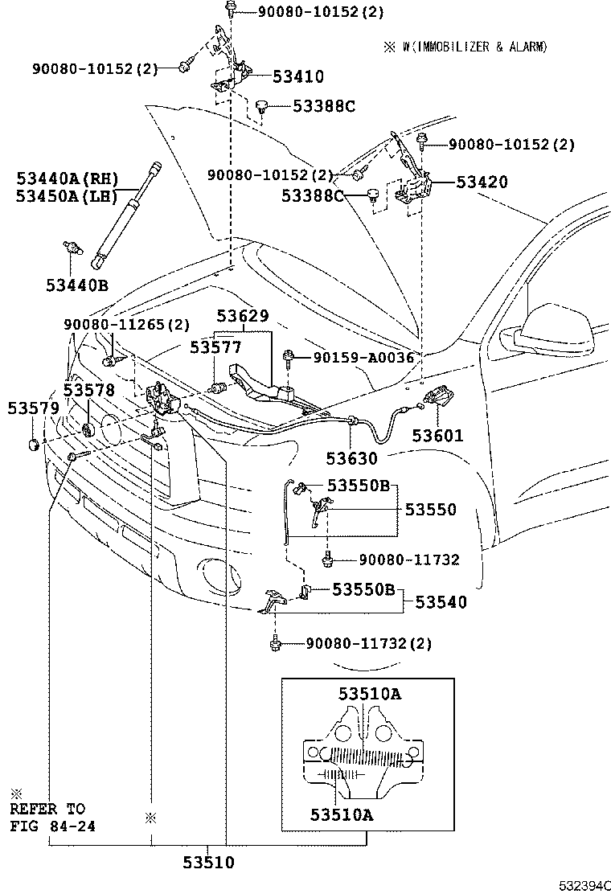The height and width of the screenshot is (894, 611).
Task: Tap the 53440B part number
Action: [76, 285]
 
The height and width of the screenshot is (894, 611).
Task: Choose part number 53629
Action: [241, 316]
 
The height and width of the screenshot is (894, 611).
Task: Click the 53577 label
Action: [215, 347]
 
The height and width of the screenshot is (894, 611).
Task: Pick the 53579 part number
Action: [33, 408]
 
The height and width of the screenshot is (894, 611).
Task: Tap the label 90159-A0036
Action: [363, 358]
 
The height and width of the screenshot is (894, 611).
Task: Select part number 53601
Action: [437, 436]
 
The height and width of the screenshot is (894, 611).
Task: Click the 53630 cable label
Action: [351, 458]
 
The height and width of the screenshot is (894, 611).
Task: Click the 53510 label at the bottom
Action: [207, 863]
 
